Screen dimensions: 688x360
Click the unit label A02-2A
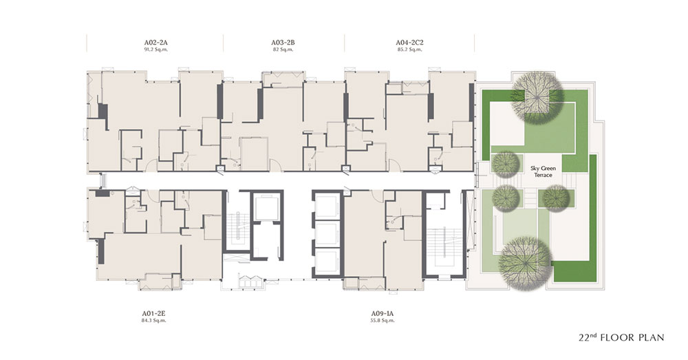point(155,43)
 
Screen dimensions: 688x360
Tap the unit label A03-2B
point(283,43)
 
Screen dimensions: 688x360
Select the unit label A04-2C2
point(409,43)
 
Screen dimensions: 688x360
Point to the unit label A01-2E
point(153,313)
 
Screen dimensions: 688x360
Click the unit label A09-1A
point(382,313)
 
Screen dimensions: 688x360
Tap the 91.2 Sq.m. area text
point(155,50)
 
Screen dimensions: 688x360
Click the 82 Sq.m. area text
point(283,50)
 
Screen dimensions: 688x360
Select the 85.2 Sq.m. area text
point(409,50)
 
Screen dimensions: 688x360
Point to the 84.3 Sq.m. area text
point(153,321)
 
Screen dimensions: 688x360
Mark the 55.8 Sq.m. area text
point(382,321)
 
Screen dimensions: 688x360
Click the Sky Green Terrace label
point(543,171)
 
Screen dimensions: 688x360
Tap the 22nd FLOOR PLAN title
point(621,337)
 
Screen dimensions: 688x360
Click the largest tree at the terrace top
point(538,96)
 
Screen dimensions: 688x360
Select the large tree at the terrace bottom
point(526,262)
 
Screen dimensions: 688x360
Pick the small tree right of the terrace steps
point(555,198)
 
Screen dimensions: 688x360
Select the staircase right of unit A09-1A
point(443,246)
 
